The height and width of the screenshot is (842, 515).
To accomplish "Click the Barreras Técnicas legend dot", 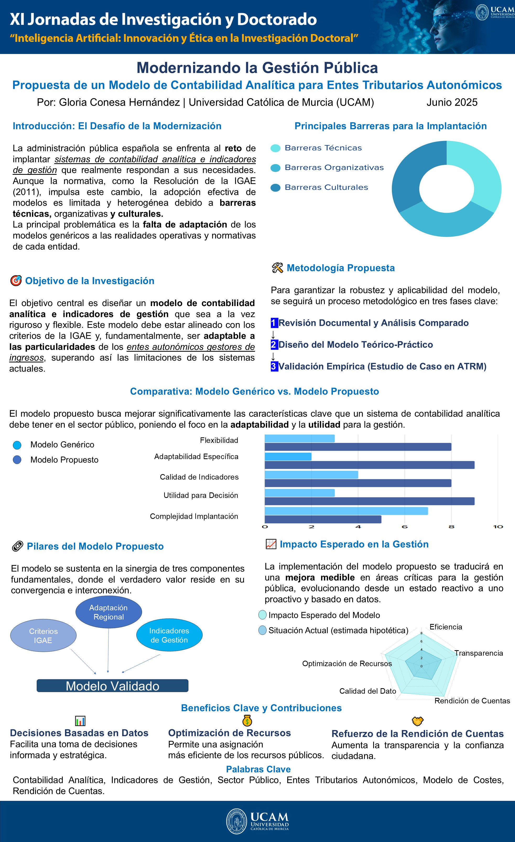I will (x=275, y=148).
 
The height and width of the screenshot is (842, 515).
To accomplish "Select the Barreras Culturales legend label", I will (x=326, y=187).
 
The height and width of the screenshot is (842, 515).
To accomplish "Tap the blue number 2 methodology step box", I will (x=274, y=344).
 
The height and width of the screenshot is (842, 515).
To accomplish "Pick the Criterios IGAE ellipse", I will (x=44, y=635).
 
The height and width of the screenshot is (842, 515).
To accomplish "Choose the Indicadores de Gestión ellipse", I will (x=169, y=635).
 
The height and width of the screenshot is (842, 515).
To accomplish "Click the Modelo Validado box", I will (x=112, y=686).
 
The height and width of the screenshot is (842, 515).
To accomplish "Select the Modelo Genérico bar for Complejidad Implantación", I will (x=346, y=511).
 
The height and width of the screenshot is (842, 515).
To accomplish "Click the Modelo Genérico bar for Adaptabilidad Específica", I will (x=288, y=457).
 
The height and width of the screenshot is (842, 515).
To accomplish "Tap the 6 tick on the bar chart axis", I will (x=405, y=526).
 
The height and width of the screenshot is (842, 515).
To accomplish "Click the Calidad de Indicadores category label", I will (x=199, y=477).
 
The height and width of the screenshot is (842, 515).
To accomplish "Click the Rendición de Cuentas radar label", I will (x=472, y=700).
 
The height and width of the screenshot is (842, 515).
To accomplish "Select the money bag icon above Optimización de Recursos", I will (x=247, y=721).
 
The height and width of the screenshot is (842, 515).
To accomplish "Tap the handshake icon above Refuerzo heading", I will (x=417, y=721).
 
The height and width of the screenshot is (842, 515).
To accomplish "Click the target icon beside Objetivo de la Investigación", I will (x=16, y=281).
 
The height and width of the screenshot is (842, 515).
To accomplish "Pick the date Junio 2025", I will (x=452, y=102).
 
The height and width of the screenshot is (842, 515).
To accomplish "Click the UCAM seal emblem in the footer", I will (x=236, y=821).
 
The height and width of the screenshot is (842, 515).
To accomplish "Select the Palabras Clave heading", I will (x=258, y=769).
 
